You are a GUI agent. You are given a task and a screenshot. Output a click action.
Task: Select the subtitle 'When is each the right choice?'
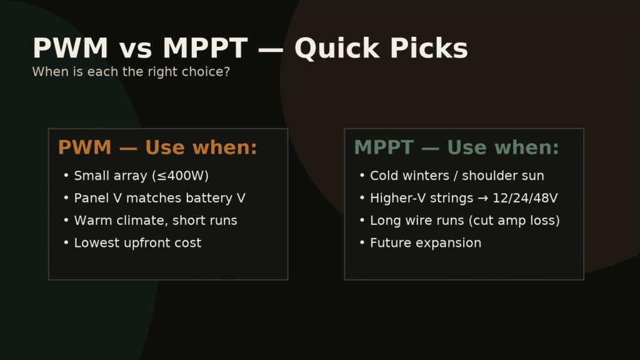tap(131, 72)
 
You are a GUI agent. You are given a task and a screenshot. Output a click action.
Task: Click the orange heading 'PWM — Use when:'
tap(157, 148)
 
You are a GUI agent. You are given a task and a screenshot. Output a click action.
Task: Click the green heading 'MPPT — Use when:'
tap(456, 148)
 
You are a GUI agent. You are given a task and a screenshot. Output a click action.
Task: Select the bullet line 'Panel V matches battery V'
tap(159, 198)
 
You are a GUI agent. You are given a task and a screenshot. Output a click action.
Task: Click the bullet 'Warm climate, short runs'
tap(155, 221)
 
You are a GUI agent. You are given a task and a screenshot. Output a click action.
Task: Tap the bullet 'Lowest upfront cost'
tap(137, 243)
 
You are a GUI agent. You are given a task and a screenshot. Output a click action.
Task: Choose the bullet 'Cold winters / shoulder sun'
tap(456, 176)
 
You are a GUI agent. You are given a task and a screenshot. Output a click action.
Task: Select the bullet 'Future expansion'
tap(425, 243)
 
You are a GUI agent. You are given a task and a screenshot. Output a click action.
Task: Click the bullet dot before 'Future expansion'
tap(362, 243)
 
